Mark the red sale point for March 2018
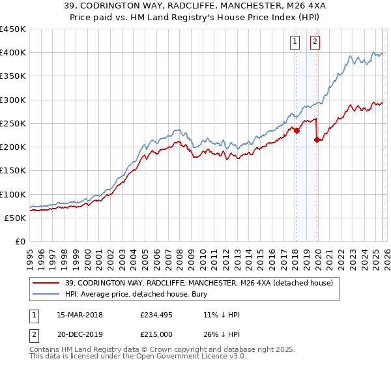click(297, 130)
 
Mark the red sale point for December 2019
click(317, 139)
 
